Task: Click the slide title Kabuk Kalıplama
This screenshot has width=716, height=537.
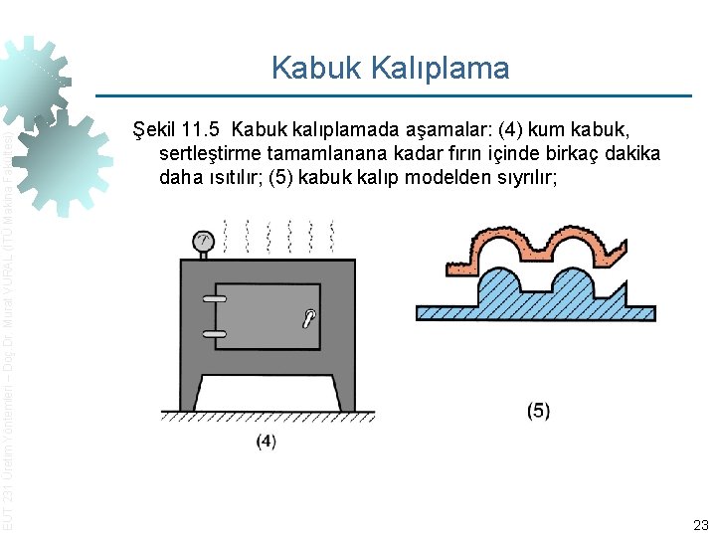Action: coord(390,68)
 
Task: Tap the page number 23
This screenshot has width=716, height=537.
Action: coord(700,524)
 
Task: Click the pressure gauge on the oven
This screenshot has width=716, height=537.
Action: coord(203,241)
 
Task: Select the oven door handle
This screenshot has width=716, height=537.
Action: coord(310,318)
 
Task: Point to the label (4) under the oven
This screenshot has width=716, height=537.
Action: coord(266,441)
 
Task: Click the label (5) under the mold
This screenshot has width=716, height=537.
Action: coord(538,411)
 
